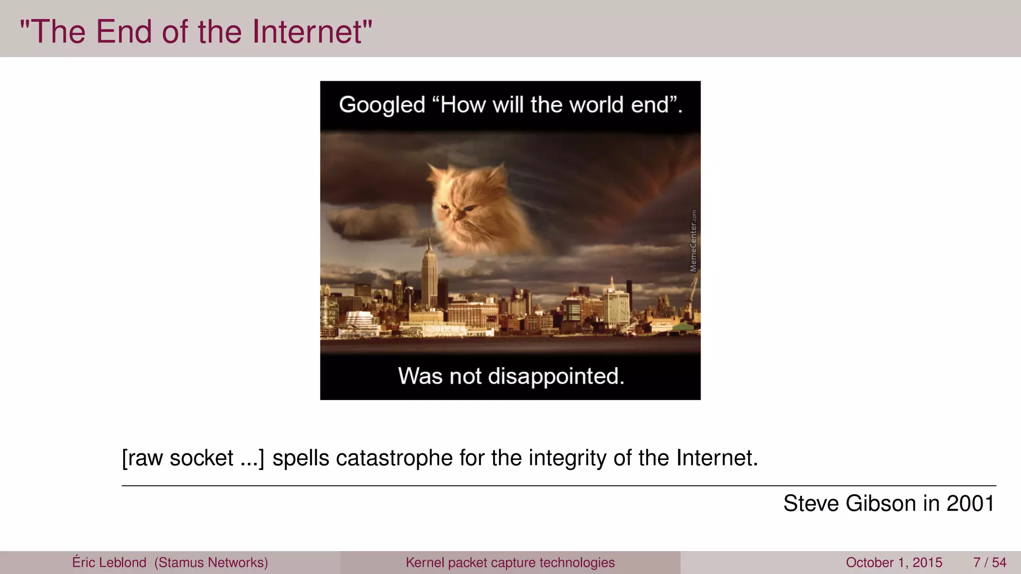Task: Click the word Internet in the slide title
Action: click(x=307, y=32)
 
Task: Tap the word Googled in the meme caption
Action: click(x=382, y=106)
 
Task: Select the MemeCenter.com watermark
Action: click(x=693, y=241)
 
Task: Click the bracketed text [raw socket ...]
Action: click(x=193, y=458)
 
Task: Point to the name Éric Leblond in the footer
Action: click(x=109, y=563)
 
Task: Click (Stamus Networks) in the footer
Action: click(x=211, y=563)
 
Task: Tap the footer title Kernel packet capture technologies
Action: click(x=510, y=563)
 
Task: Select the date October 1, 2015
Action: click(x=894, y=563)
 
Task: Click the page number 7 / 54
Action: click(x=990, y=563)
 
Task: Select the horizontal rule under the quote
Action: click(x=558, y=485)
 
